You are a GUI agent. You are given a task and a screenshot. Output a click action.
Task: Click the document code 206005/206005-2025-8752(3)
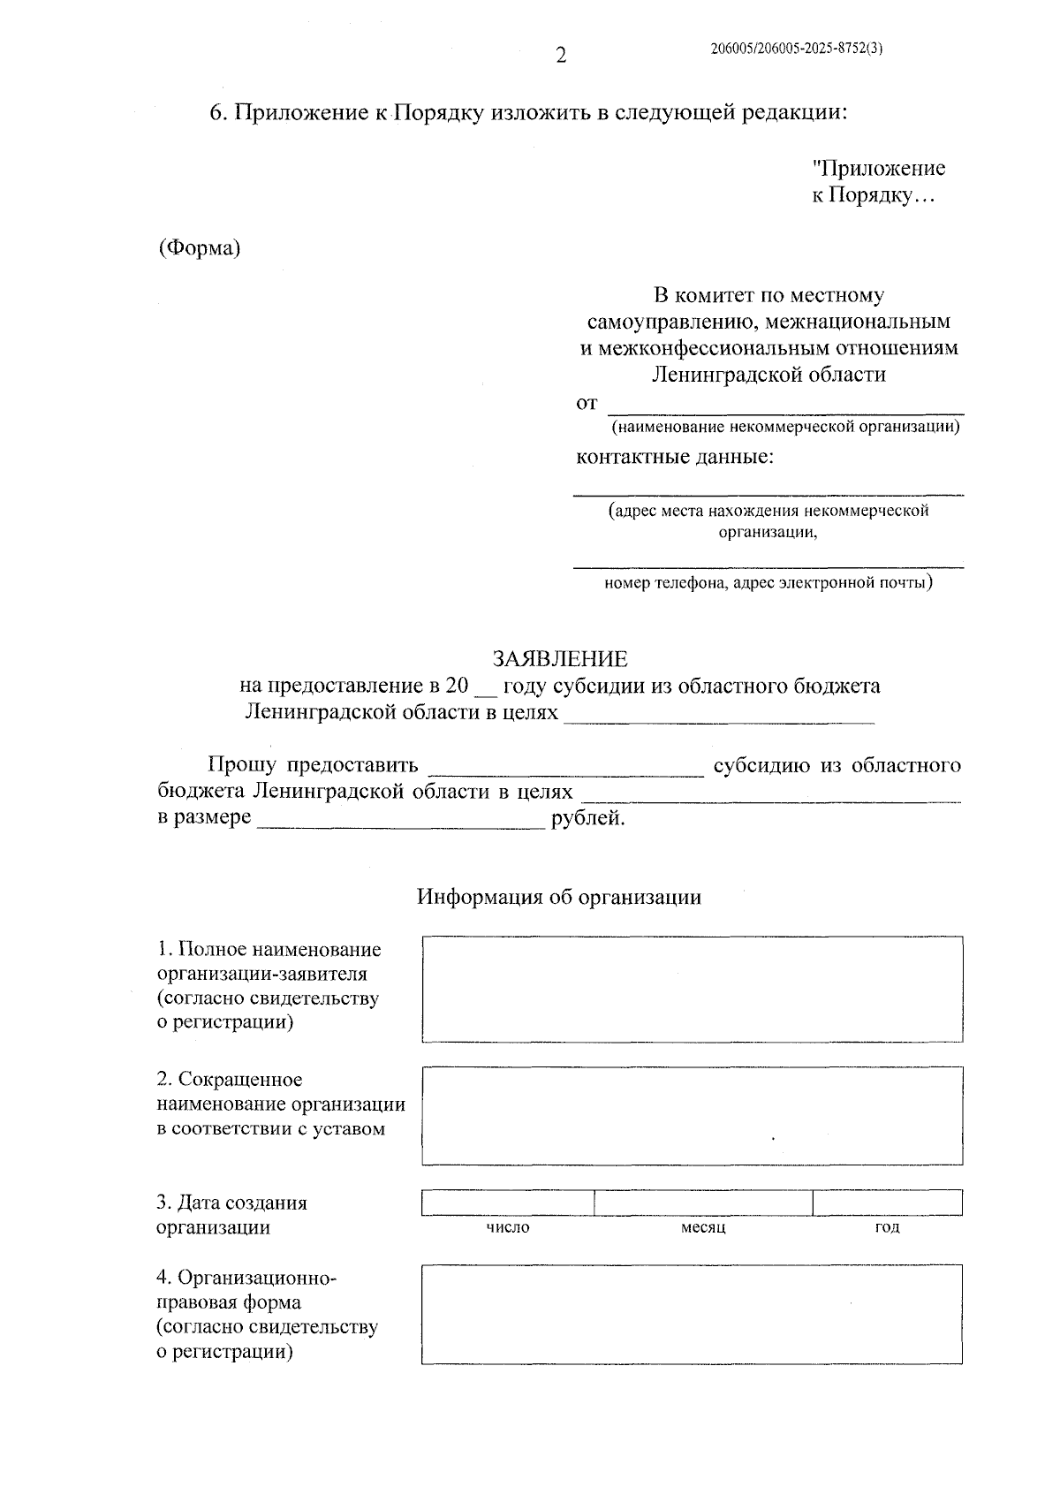797,49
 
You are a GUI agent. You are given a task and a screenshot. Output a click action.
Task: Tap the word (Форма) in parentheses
200,248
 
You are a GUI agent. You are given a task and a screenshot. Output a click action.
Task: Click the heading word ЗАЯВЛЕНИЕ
560,659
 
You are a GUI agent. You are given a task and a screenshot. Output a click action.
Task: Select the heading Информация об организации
559,898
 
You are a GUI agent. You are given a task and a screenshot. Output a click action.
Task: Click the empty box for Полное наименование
692,989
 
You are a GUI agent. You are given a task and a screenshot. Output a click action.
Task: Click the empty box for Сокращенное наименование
692,1116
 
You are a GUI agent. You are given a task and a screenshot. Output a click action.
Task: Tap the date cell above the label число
508,1203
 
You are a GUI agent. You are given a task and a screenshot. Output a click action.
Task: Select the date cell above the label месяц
703,1203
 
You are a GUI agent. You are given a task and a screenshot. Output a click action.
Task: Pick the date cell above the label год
887,1203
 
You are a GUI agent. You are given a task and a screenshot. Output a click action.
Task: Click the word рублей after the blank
588,818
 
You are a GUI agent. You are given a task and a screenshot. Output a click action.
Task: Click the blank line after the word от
786,406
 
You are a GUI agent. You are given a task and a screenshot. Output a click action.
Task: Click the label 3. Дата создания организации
231,1215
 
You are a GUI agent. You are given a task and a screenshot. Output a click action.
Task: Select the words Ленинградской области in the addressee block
768,375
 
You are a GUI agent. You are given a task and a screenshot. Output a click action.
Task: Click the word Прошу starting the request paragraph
241,765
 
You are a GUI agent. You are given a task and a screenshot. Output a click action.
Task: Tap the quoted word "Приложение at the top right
878,169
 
